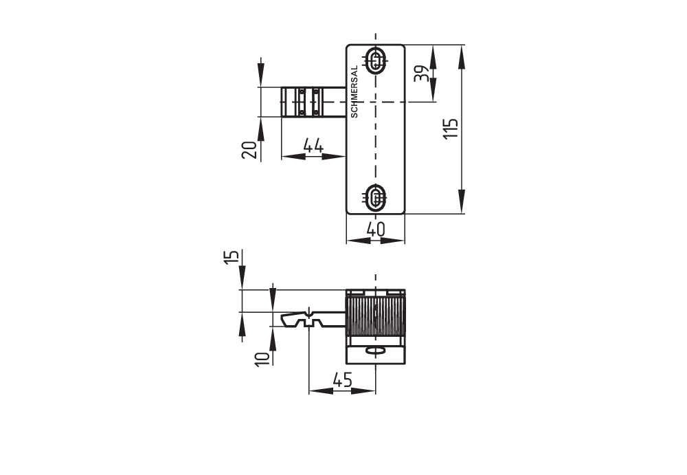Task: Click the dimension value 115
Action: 450,129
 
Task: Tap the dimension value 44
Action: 313,146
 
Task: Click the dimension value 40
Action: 374,230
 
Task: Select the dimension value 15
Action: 233,257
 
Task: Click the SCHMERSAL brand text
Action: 354,93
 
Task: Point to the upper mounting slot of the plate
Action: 375,61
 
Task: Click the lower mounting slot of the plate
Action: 375,198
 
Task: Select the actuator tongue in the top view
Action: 313,102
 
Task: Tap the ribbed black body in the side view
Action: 375,316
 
